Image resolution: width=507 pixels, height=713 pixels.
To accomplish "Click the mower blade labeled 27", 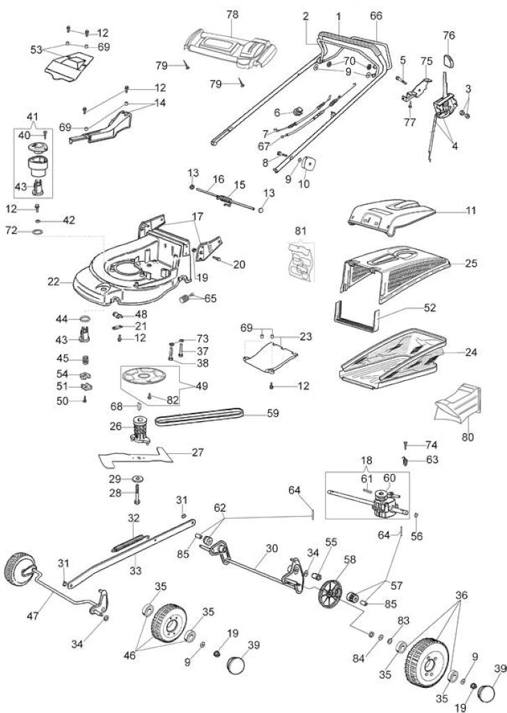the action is point(136,458).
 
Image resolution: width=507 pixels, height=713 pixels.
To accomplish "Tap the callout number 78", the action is point(232,15).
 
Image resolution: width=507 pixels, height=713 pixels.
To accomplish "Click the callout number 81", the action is point(301,230).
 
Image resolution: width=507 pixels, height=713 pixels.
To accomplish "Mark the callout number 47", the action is point(33,616).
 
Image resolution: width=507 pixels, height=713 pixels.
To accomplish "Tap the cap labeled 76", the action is point(448,59).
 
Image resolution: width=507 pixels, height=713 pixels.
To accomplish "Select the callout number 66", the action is point(376,16).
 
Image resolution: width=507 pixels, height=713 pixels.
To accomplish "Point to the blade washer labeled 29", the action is point(138,479).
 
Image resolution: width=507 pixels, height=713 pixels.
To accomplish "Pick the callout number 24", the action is point(471,352).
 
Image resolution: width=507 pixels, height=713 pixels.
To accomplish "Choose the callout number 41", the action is point(33,116).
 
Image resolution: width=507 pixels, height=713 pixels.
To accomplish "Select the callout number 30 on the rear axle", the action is point(272,549).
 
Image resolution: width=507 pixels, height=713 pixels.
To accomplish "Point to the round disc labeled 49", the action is point(143,376).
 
